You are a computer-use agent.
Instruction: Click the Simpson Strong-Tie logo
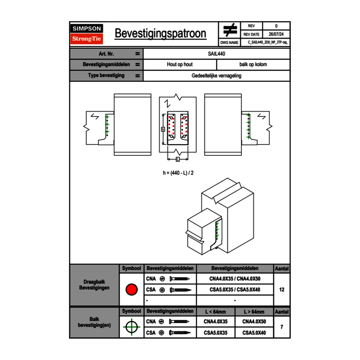87,34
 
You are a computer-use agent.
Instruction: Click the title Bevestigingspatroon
160,34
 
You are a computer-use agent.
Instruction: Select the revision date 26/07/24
276,34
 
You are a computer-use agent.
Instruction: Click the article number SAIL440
216,54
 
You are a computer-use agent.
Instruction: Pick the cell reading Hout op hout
180,65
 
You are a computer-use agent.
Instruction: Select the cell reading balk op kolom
253,65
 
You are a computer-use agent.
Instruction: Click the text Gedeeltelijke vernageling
216,76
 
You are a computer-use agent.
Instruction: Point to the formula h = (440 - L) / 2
178,173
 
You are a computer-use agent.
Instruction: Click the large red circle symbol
131,290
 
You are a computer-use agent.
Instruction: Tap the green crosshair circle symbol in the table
131,327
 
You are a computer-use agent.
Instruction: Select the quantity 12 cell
281,290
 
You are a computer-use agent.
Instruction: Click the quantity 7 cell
281,327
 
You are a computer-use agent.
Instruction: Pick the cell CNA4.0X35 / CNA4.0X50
235,279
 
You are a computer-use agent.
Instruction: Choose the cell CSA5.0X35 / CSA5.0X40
235,290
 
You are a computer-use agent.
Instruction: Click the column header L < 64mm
216,312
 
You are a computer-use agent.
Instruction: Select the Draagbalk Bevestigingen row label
94,285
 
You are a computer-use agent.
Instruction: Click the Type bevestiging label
106,76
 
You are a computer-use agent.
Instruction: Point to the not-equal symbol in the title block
229,30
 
